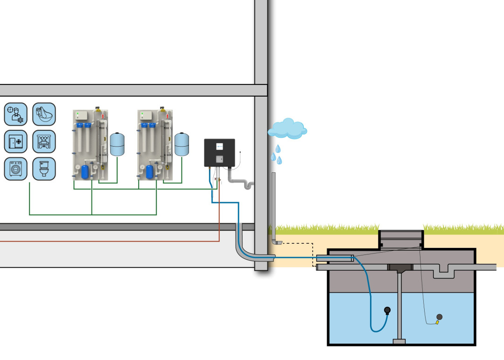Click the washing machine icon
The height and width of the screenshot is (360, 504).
pos(15,169)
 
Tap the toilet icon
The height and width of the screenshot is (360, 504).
pos(43,169)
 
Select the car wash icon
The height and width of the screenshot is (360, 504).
pos(43,141)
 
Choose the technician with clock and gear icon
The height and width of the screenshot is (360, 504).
pos(15,114)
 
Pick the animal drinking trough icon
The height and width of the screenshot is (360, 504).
pos(43,114)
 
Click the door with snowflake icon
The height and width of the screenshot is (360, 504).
pos(15,141)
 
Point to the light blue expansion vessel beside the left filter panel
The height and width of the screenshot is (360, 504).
pos(117,144)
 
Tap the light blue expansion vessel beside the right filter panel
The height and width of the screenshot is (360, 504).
pos(182,144)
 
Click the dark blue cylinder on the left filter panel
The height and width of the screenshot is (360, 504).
pos(85,172)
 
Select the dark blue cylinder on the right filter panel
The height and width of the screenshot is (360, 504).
pos(149,172)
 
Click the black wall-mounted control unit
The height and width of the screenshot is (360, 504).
pos(219,153)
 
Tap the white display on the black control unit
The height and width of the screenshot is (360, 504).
pos(219,146)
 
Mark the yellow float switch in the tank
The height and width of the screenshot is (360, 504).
pos(437,322)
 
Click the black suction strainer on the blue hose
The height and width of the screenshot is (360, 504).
pos(387,310)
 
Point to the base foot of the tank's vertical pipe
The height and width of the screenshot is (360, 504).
pos(400,341)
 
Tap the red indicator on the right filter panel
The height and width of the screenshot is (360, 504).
pos(167,115)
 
